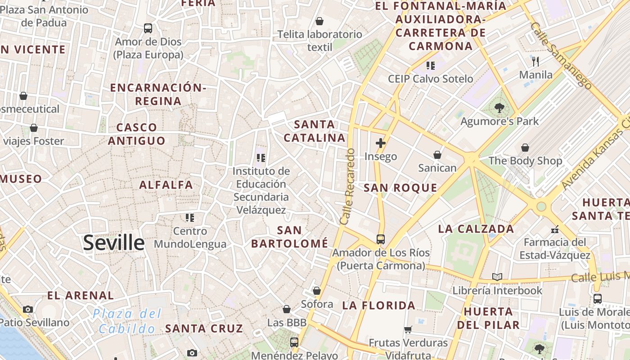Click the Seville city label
coord(114,243)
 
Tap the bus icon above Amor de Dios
coord(148,28)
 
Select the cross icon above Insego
coord(381,143)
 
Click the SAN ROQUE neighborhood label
coord(400,188)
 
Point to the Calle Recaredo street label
coord(348,187)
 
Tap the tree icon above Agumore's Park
coord(499,108)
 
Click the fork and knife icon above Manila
coord(535,61)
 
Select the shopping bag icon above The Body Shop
coord(525,148)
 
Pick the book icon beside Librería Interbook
coord(497,277)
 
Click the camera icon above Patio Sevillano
coord(28,309)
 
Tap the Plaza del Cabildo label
coord(127,321)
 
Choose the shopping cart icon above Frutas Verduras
coord(408,329)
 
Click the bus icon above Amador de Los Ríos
coord(381,239)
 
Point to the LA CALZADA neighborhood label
coord(476,229)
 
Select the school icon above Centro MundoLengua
coord(190,218)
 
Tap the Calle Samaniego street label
coord(561,54)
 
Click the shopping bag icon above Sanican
coord(437,155)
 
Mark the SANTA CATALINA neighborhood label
coord(315,131)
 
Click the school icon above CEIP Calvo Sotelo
coord(431,66)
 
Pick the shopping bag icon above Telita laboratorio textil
coord(319,21)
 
